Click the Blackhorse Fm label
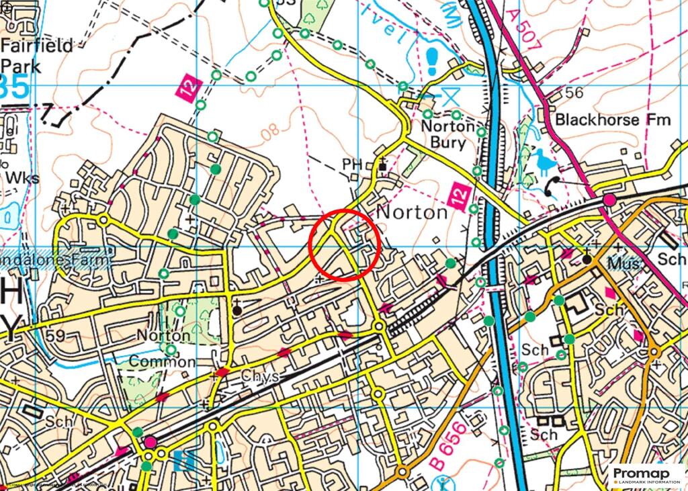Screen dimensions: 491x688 pyautogui.click(x=613, y=120)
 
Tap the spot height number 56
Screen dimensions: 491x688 pyautogui.click(x=574, y=93)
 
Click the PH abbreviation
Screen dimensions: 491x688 pyautogui.click(x=352, y=164)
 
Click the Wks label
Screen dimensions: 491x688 pyautogui.click(x=21, y=179)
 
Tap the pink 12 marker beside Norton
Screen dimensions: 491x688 pyautogui.click(x=458, y=197)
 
